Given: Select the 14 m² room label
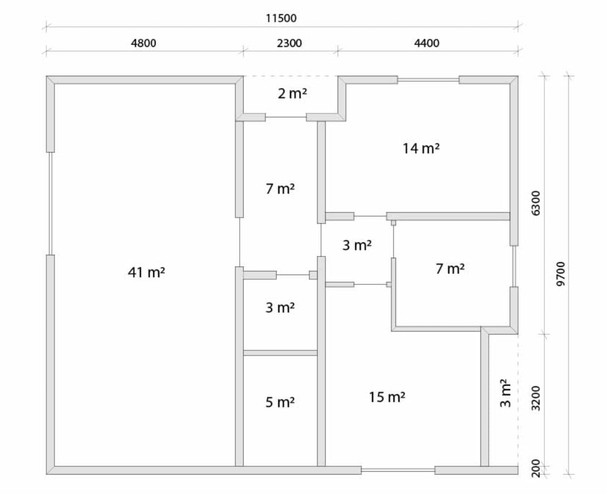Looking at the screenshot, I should tap(421, 148).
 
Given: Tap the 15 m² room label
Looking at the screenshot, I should tap(387, 397).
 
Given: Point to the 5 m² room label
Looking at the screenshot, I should tap(279, 402).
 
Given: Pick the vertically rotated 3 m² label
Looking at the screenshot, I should tap(506, 393).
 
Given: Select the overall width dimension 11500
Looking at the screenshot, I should tap(281, 18).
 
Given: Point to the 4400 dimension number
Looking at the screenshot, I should tap(427, 43).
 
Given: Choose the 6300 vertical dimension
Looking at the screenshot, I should tap(537, 202).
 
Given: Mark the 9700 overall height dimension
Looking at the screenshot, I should tap(561, 273).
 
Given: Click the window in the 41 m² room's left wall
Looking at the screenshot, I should tap(50, 204).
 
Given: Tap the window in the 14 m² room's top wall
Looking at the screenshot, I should tap(428, 79).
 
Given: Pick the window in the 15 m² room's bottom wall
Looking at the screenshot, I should tap(398, 470).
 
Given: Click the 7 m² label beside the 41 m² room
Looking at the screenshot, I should tap(279, 190).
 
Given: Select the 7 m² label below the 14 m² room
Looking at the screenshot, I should tap(450, 269).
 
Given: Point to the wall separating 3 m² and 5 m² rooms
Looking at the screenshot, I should tap(280, 353).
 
